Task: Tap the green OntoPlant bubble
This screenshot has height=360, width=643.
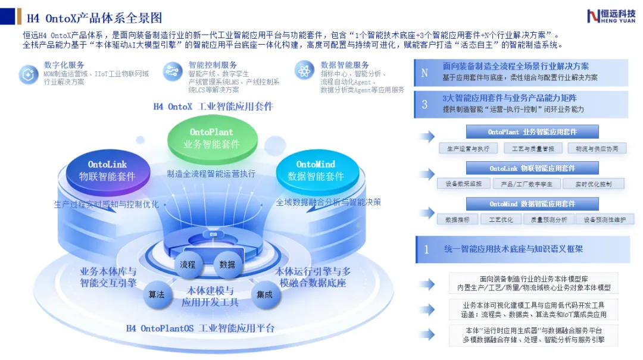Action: click(211, 138)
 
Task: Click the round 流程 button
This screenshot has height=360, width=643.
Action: click(188, 265)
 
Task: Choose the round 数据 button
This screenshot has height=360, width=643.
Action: click(227, 265)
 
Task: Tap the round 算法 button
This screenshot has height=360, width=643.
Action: click(157, 295)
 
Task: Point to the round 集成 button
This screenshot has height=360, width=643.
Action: click(264, 295)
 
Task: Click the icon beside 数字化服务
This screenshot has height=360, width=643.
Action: click(28, 74)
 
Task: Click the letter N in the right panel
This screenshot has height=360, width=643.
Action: click(424, 73)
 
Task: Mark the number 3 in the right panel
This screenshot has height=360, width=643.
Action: click(424, 105)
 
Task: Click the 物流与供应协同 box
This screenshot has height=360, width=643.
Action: click(597, 148)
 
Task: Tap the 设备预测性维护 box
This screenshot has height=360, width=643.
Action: click(605, 220)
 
